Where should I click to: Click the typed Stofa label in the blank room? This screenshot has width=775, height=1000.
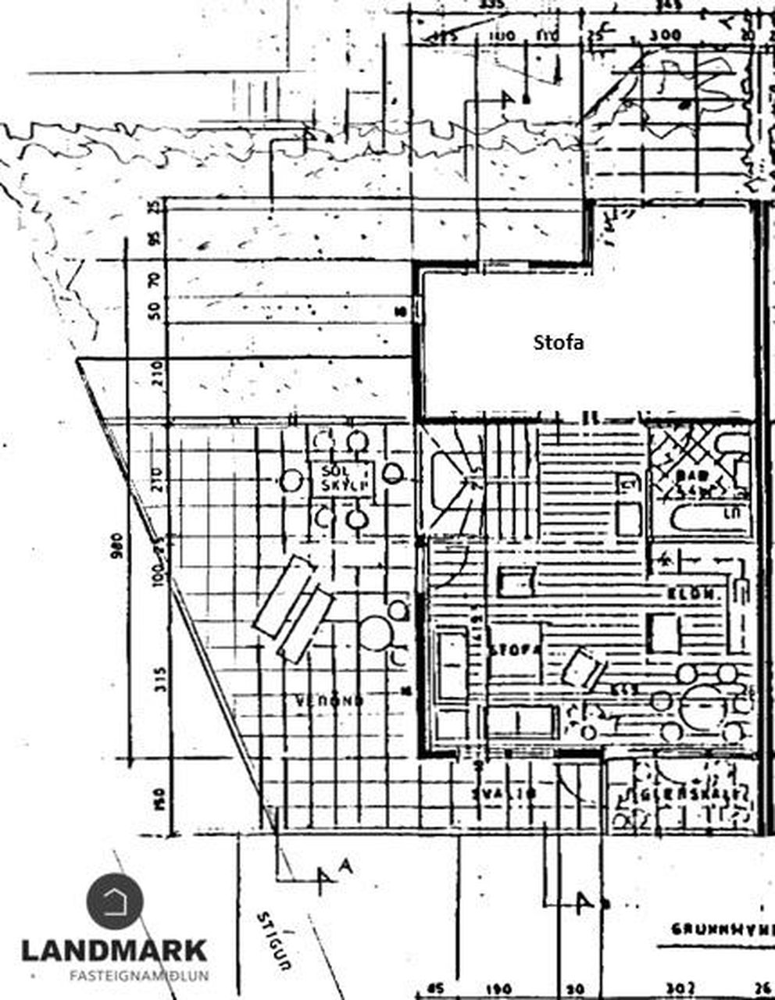[559, 342]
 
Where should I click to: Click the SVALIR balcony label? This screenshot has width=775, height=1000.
[505, 793]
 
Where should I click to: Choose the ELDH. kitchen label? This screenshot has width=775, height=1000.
[692, 595]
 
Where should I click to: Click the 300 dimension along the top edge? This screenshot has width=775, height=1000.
[669, 36]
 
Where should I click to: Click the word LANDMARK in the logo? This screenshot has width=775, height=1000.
[114, 951]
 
